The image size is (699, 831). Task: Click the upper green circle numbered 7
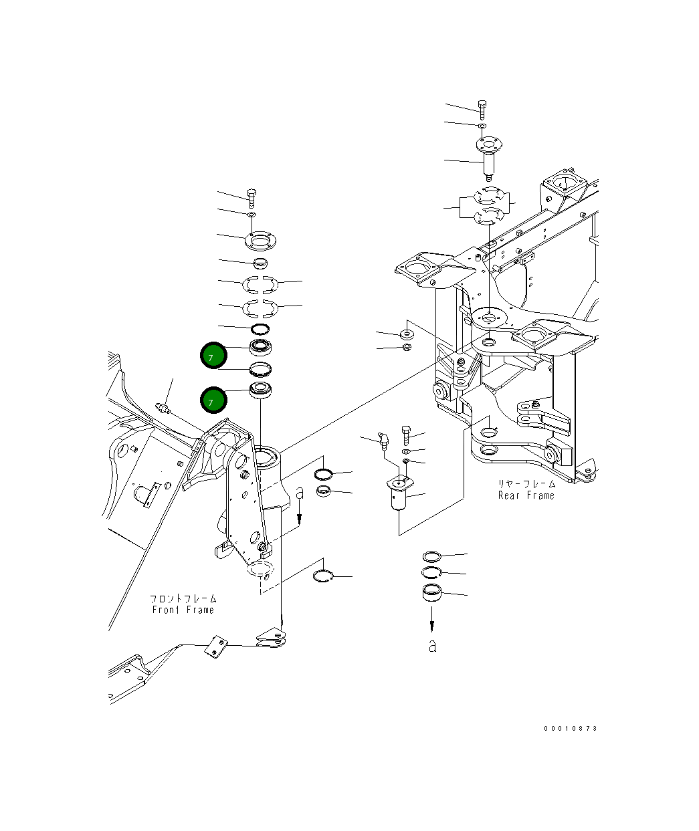point(213,356)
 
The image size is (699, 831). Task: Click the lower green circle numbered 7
point(213,400)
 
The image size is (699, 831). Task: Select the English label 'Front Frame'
point(183,610)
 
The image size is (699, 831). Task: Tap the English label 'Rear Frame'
point(526,495)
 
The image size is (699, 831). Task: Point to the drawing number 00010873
point(571,729)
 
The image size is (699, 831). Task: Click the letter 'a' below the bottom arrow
point(433,646)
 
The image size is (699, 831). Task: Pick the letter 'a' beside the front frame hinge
point(300,493)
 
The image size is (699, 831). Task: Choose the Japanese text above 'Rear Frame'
point(526,483)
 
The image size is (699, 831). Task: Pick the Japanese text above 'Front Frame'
point(183,598)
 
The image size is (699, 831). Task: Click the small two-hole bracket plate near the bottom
point(215,645)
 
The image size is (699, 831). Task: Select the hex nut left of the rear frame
point(407,347)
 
